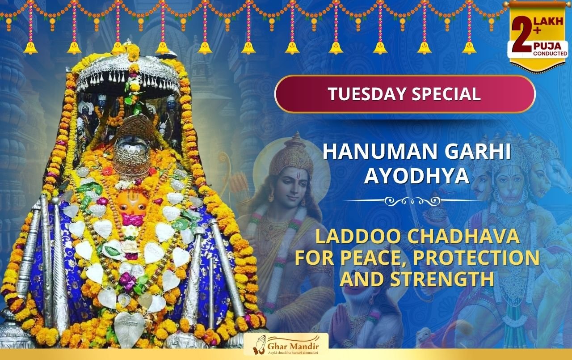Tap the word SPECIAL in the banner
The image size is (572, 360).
[x=446, y=94]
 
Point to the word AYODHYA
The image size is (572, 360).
[x=417, y=176]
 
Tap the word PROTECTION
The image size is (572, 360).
[x=476, y=258]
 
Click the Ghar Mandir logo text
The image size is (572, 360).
[x=293, y=347]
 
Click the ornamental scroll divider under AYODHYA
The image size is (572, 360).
[x=412, y=201]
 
